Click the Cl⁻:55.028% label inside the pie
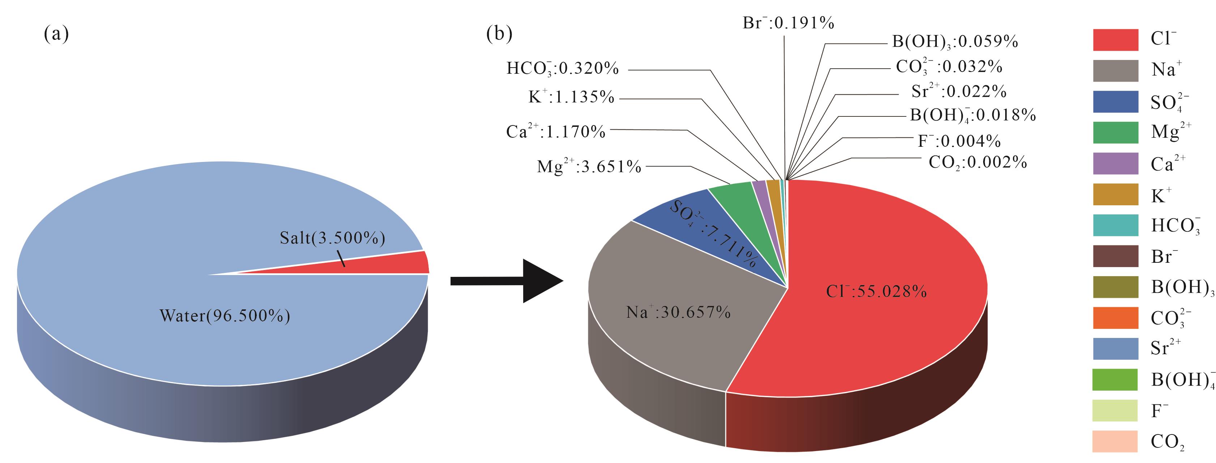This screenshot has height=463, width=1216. [x=876, y=292]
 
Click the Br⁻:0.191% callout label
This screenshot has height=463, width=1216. [x=788, y=23]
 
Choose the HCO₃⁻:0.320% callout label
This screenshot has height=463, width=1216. [x=562, y=69]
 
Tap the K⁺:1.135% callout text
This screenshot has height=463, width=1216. [x=571, y=97]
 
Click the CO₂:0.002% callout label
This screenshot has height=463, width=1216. [x=978, y=162]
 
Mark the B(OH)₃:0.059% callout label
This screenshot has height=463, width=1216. [x=955, y=42]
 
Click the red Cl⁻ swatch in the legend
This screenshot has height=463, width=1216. [x=1115, y=40]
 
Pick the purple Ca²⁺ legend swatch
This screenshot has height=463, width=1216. [x=1115, y=163]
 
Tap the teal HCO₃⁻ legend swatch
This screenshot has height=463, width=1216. [x=1115, y=225]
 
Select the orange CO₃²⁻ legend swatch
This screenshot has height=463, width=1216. [x=1115, y=318]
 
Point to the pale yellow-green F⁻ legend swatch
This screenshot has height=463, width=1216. [x=1115, y=410]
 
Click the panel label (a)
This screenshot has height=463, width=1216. [x=56, y=34]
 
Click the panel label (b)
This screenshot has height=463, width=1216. [x=499, y=34]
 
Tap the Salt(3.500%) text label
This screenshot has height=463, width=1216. [x=332, y=238]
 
